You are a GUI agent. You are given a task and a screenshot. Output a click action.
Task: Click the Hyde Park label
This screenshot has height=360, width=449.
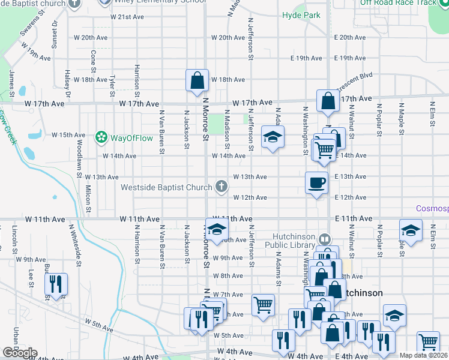pyautogui.click(x=301, y=15)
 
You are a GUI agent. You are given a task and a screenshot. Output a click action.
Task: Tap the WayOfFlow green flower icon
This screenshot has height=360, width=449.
pyautogui.click(x=101, y=137)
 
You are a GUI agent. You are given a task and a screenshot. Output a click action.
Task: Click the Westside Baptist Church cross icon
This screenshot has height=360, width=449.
pyautogui.click(x=221, y=187)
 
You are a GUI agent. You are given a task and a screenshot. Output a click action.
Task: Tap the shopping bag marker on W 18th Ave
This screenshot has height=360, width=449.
pyautogui.click(x=197, y=80)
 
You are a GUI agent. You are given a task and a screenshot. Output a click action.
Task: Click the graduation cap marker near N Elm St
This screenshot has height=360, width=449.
pyautogui.click(x=411, y=230)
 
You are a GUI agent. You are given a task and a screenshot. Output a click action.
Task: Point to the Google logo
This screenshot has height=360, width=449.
pyautogui.click(x=19, y=353)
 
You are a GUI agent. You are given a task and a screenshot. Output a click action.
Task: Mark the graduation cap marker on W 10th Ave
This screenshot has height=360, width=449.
pyautogui.click(x=217, y=229)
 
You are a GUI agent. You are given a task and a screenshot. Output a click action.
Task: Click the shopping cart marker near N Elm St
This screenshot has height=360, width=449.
pyautogui.click(x=428, y=342)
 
